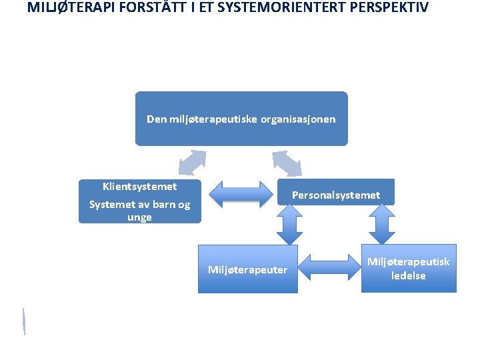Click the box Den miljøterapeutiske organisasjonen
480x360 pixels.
241,119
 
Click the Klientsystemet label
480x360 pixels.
139,187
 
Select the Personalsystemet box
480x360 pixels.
335,195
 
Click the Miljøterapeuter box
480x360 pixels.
247,269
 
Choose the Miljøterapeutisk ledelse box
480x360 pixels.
409,269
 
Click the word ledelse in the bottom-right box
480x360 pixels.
409,276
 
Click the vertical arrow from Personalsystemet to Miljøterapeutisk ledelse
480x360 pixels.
382,224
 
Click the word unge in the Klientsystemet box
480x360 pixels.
139,217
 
